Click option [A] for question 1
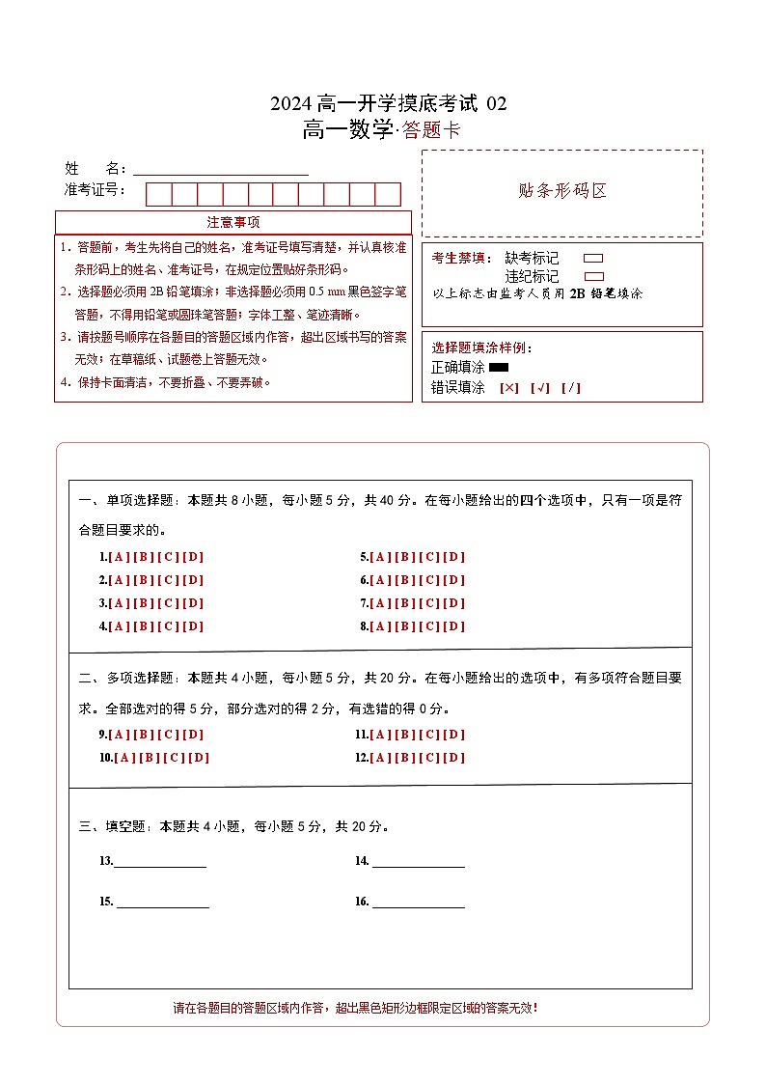click(119, 557)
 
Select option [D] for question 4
click(193, 626)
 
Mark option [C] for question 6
click(429, 580)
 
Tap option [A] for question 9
click(119, 735)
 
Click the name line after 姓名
click(221, 169)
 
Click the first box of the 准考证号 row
click(158, 194)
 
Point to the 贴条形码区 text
click(562, 191)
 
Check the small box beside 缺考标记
click(593, 259)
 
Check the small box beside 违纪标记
click(593, 276)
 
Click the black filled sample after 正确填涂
click(499, 368)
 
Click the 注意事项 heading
click(233, 223)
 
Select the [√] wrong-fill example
click(540, 388)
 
